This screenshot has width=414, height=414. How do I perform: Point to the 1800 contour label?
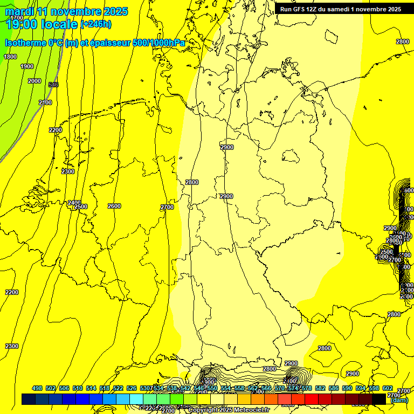10,57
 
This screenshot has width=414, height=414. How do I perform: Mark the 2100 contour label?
45,102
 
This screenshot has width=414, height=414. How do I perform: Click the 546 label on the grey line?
53,85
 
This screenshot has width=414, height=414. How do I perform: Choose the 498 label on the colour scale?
37,388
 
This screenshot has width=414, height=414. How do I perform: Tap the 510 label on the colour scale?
78,388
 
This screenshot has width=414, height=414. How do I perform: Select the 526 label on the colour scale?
132,388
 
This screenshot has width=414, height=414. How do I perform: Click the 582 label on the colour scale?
320,388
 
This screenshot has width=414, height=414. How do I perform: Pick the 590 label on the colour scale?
347,388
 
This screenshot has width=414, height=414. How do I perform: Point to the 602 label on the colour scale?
388,388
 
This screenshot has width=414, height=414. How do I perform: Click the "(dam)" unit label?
399,401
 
